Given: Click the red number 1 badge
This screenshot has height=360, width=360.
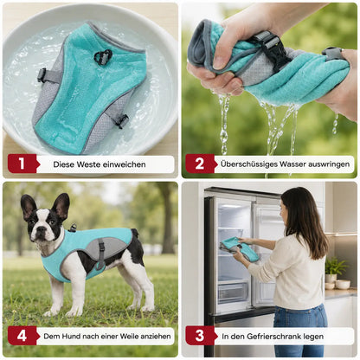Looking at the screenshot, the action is [22, 164].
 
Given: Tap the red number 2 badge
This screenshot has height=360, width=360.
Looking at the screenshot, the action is [200, 164].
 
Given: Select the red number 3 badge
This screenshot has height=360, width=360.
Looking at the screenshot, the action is [200, 336].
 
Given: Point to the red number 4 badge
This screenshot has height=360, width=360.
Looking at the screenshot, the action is [22, 336].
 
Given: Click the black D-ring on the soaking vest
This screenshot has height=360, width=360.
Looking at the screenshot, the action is [103, 56].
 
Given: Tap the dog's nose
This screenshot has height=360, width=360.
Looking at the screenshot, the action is [42, 229].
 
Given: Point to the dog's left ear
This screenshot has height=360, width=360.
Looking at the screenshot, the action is [61, 205].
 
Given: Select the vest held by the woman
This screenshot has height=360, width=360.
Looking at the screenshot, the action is [240, 248].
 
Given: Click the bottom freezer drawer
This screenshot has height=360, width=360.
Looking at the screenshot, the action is [233, 292].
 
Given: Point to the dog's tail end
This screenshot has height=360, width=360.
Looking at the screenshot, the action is [135, 232].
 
